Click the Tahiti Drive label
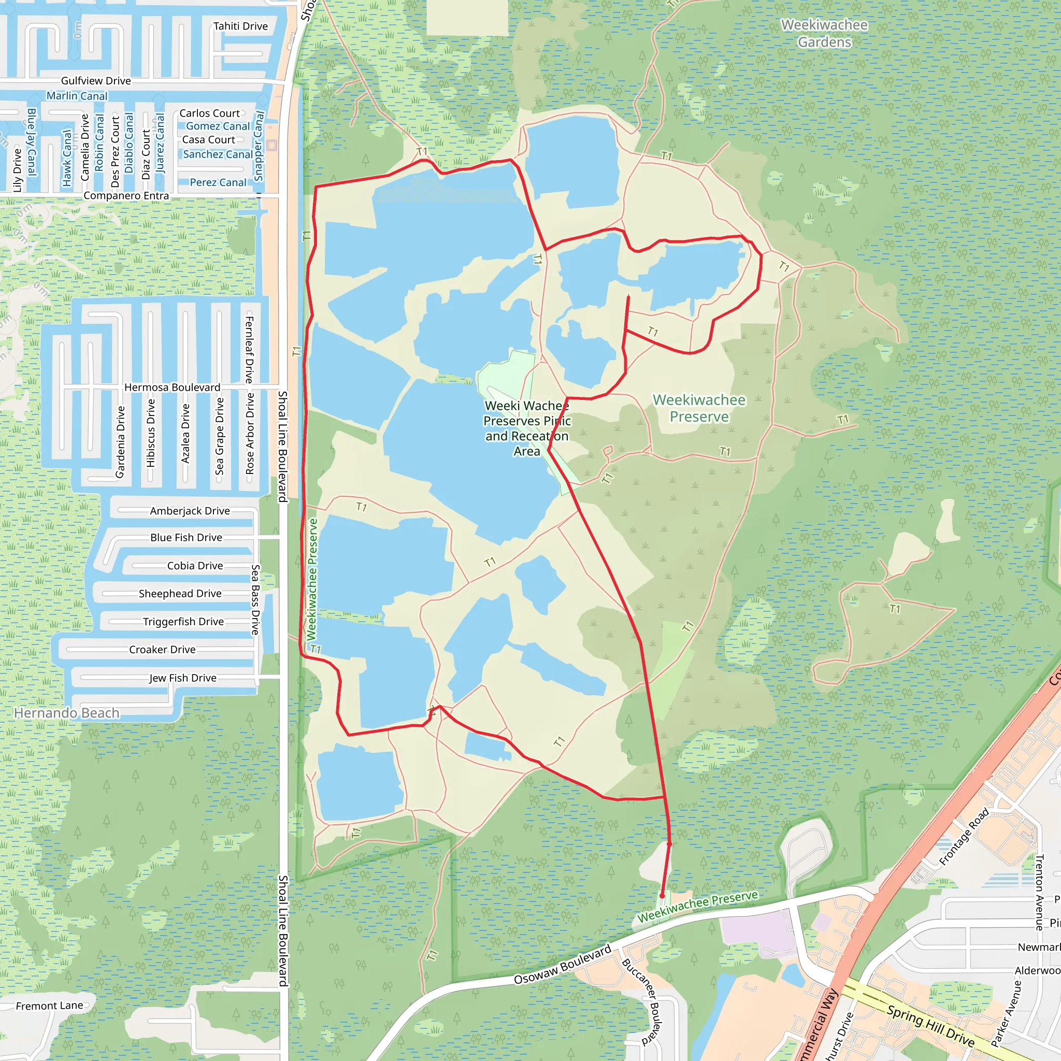point(240,26)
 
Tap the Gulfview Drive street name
point(96,81)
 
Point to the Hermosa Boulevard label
point(173,388)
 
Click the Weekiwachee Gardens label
point(824,34)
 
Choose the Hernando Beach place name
point(66,713)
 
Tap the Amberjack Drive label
point(190,511)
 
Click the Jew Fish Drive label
point(183,678)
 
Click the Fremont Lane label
point(49,1006)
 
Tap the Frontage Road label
point(964,837)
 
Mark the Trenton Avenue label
point(1039,893)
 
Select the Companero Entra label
point(126,196)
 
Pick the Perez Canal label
point(218,183)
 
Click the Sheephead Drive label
point(180,594)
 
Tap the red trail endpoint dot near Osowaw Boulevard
point(662,896)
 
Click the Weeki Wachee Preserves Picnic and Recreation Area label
point(527,428)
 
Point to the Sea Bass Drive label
point(255,600)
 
